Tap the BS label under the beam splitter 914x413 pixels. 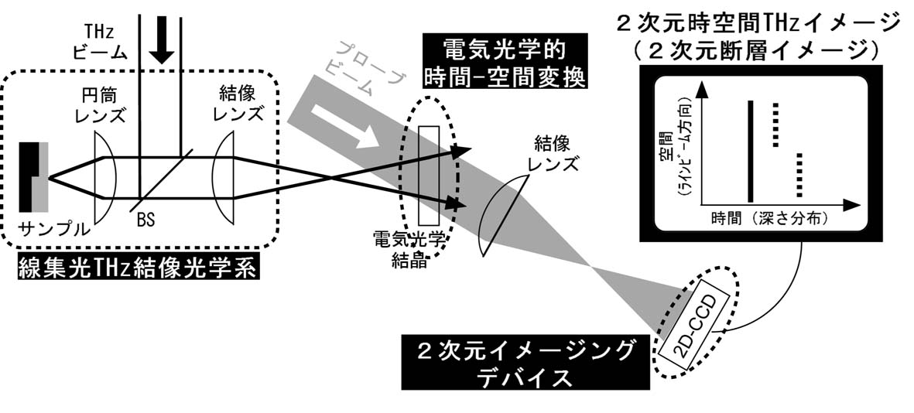tap(145, 220)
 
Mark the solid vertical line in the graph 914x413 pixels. tap(749, 150)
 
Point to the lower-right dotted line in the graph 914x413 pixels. tap(801, 177)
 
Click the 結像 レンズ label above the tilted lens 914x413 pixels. tap(554, 153)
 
